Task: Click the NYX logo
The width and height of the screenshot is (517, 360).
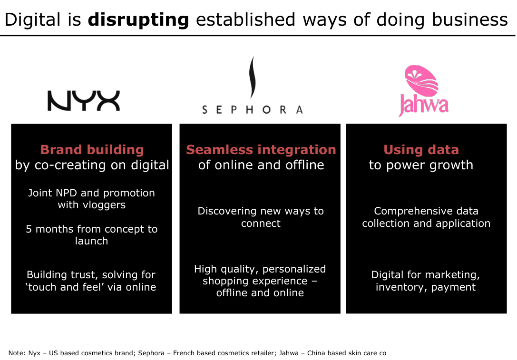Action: pyautogui.click(x=84, y=100)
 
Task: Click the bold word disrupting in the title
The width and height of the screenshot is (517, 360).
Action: pyautogui.click(x=138, y=20)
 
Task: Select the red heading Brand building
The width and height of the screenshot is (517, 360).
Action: pyautogui.click(x=92, y=150)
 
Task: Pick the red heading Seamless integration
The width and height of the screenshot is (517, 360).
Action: pyautogui.click(x=261, y=150)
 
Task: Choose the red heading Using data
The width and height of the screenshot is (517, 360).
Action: pyautogui.click(x=421, y=150)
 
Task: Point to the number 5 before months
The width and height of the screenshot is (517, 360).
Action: pyautogui.click(x=29, y=229)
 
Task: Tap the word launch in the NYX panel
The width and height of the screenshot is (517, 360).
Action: pyautogui.click(x=91, y=241)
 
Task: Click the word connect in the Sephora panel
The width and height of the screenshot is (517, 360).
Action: pyautogui.click(x=261, y=224)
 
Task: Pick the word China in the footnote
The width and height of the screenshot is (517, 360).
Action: pyautogui.click(x=316, y=353)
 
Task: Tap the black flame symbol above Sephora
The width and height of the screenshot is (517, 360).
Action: pyautogui.click(x=252, y=77)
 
